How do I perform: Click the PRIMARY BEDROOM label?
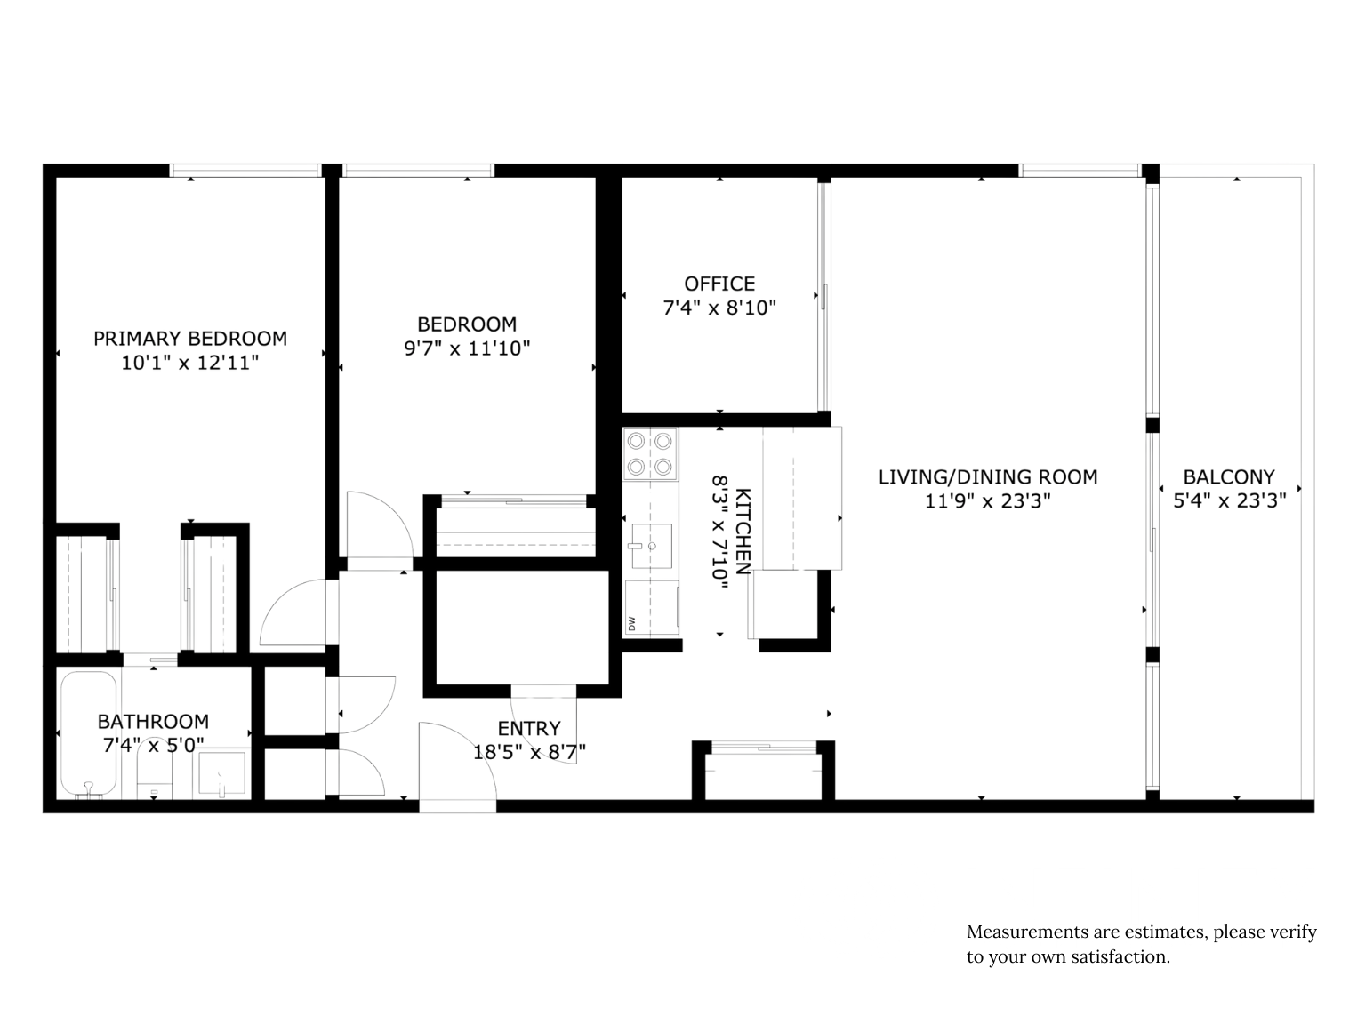tap(190, 339)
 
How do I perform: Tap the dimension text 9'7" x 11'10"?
tap(467, 348)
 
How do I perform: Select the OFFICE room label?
tap(719, 284)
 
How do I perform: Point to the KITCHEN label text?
tap(743, 531)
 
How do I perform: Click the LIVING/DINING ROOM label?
tap(987, 477)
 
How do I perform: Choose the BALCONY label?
tap(1228, 477)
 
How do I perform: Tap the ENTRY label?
tap(528, 729)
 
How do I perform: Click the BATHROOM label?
tap(153, 722)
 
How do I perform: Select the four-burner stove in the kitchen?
tap(650, 454)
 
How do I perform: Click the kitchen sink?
tap(652, 546)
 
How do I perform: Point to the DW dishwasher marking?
tap(632, 623)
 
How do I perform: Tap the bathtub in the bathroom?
tap(88, 735)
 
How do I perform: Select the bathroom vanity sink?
tap(221, 773)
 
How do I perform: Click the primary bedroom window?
tap(245, 172)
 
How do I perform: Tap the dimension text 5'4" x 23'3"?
tap(1230, 500)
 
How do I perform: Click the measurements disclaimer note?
tap(1141, 944)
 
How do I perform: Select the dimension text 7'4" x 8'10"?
tap(719, 308)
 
